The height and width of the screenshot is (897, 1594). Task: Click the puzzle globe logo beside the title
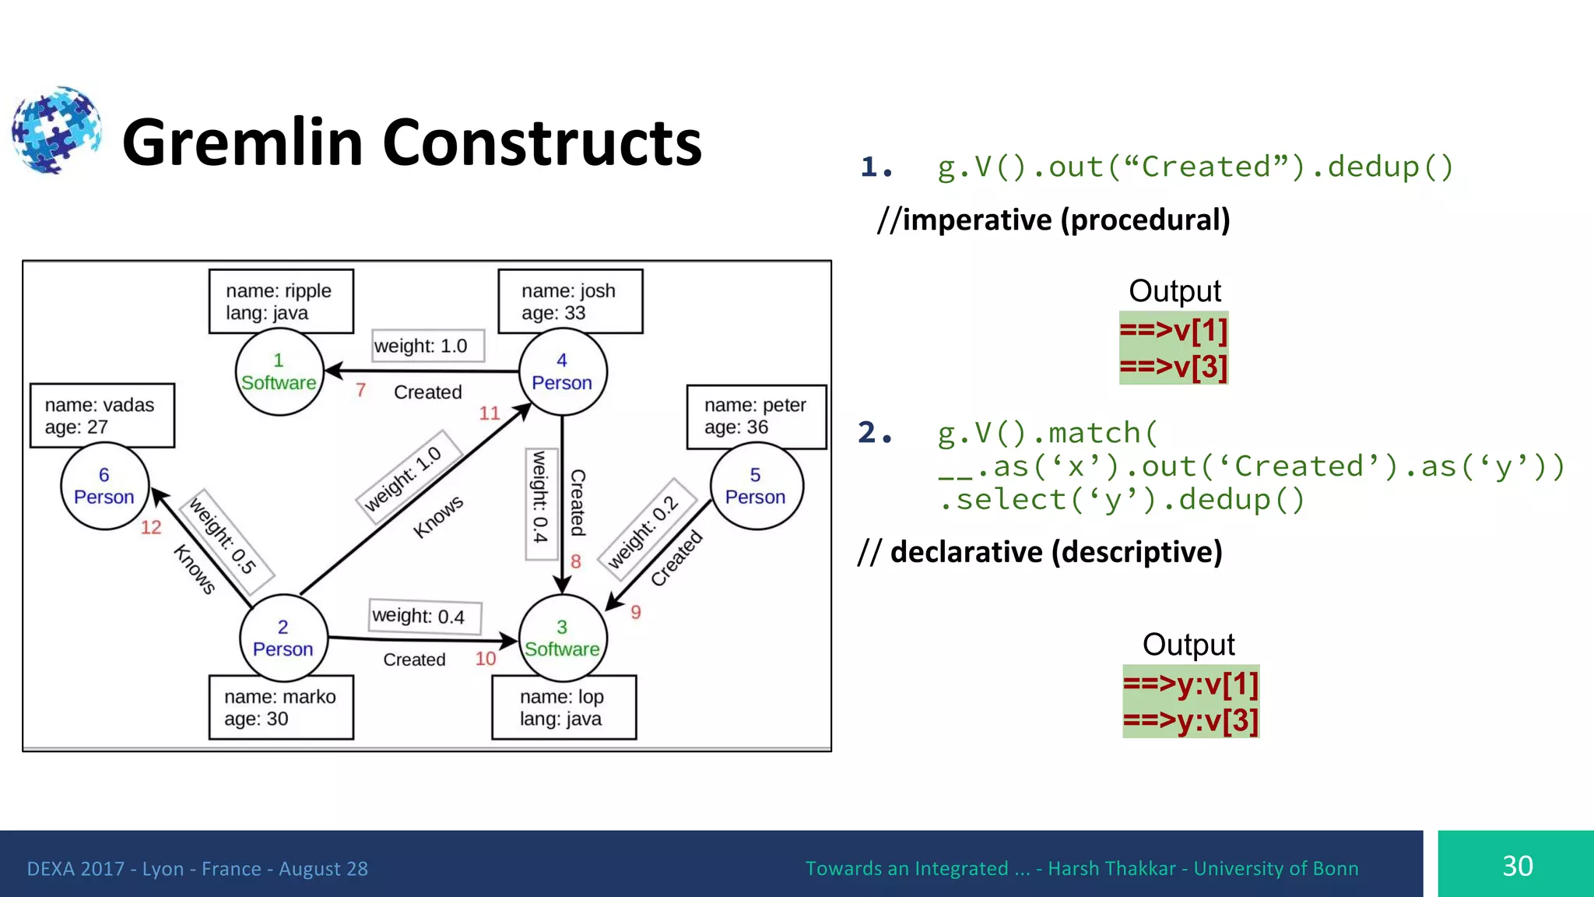pyautogui.click(x=56, y=130)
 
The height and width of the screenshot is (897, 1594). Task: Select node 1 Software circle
pyautogui.click(x=279, y=372)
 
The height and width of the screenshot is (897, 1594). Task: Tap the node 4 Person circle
pyautogui.click(x=562, y=372)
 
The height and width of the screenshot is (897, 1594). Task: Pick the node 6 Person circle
pyautogui.click(x=104, y=487)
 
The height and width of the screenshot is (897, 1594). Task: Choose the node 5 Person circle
pyautogui.click(x=756, y=487)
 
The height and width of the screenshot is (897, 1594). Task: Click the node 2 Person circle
pyautogui.click(x=283, y=638)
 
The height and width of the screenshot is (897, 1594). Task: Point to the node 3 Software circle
pyautogui.click(x=562, y=638)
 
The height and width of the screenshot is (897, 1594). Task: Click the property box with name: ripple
pyautogui.click(x=281, y=301)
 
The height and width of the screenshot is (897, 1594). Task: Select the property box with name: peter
pyautogui.click(x=756, y=417)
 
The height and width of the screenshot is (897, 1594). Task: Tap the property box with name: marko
pyautogui.click(x=281, y=707)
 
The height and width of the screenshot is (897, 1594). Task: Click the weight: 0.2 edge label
pyautogui.click(x=644, y=523)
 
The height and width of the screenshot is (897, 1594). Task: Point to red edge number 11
pyautogui.click(x=490, y=413)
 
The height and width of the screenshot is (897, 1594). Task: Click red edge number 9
pyautogui.click(x=636, y=613)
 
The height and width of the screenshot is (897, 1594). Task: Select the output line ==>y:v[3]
pyautogui.click(x=1190, y=720)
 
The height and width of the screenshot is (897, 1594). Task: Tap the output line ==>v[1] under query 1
pyautogui.click(x=1173, y=331)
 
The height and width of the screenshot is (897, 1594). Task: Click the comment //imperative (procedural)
pyautogui.click(x=1053, y=220)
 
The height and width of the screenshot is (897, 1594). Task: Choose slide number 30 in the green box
pyautogui.click(x=1517, y=866)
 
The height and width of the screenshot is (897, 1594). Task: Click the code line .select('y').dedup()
pyautogui.click(x=1121, y=500)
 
